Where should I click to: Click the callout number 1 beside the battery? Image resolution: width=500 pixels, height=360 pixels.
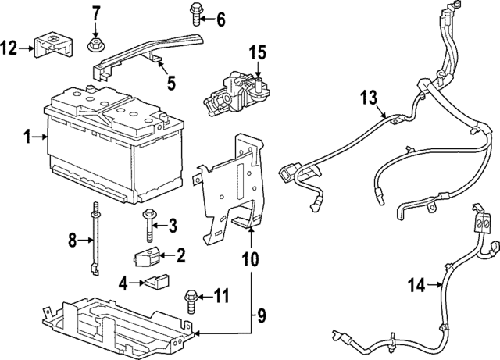click(27, 137)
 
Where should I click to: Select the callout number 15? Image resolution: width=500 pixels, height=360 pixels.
click(258, 53)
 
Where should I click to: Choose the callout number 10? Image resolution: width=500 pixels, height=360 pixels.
click(252, 255)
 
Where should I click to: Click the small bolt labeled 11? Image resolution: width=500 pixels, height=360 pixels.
click(190, 297)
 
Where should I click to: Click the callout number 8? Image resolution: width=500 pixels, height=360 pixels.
click(73, 241)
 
